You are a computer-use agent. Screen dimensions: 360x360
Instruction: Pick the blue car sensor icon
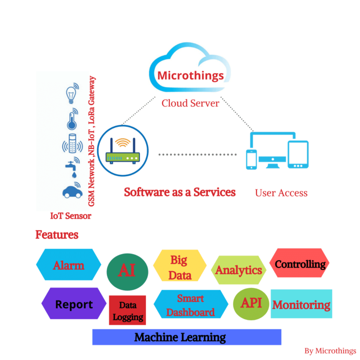click(x=72, y=191)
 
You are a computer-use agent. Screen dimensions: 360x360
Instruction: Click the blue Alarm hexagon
click(x=68, y=265)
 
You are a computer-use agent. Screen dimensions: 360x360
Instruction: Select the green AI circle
click(x=127, y=270)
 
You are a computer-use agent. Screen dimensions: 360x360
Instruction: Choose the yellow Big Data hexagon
click(x=180, y=266)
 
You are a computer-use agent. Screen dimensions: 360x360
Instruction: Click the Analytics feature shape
click(x=239, y=270)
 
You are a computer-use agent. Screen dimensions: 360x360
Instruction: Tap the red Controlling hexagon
click(x=300, y=263)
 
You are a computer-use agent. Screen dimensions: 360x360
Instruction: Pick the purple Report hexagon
click(x=74, y=304)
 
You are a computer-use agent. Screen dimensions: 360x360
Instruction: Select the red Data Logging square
click(x=127, y=310)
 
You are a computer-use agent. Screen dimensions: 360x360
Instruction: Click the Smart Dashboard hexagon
click(x=191, y=305)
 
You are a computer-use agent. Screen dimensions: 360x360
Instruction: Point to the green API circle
click(x=251, y=303)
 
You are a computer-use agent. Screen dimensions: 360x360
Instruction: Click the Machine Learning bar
click(x=187, y=337)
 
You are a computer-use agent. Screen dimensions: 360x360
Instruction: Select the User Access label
click(x=281, y=193)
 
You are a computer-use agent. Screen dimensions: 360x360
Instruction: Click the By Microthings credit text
click(x=330, y=351)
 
